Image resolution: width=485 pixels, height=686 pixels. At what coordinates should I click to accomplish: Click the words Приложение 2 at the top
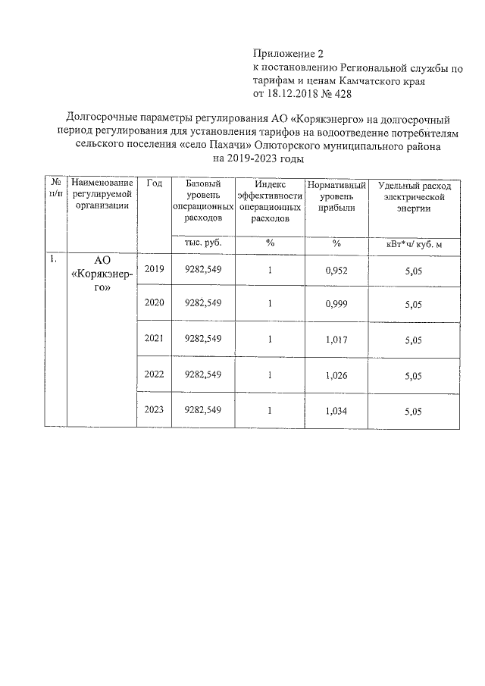click(x=287, y=54)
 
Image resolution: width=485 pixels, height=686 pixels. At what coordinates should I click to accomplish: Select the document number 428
click(x=341, y=94)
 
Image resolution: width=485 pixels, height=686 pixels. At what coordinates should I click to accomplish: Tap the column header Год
click(x=154, y=184)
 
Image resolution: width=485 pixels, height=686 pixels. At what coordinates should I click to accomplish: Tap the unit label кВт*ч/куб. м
click(x=413, y=243)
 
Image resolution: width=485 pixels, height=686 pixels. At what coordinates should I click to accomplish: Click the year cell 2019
click(x=154, y=270)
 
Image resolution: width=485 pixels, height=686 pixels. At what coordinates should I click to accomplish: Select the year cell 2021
click(x=154, y=339)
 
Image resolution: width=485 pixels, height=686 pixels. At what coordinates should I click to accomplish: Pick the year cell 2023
click(x=154, y=410)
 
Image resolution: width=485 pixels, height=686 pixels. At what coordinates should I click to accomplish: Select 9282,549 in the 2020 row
click(x=203, y=303)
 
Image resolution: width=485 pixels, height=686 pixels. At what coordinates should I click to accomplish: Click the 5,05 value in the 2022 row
click(x=413, y=375)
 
